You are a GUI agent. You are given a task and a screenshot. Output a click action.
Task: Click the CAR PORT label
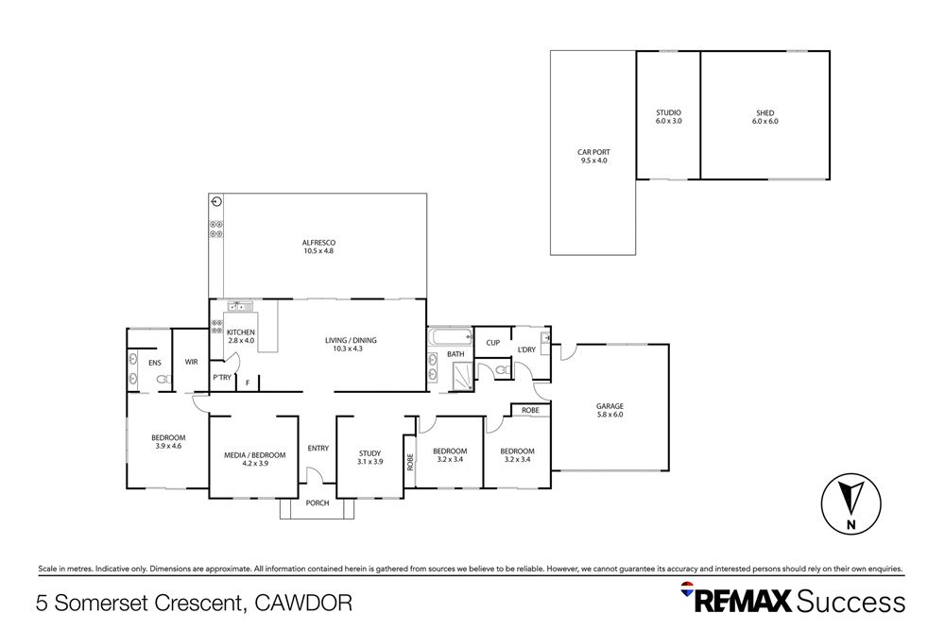point(593,156)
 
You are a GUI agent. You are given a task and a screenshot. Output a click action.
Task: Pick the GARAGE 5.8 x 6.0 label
point(610,410)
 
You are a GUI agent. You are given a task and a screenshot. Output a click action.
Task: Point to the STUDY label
point(369,457)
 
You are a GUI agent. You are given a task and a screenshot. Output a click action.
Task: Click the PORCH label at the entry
point(318,502)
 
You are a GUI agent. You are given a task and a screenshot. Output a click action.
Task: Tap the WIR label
point(191,362)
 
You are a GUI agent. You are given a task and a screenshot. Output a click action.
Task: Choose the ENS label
point(155,362)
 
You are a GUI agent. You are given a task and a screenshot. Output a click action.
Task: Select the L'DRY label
point(526,350)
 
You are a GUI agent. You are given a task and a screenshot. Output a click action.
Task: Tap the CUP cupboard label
point(492,343)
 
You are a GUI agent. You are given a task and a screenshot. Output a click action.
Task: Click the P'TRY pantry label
point(222,378)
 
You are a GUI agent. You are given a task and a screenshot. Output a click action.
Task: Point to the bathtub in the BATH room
point(449,337)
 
